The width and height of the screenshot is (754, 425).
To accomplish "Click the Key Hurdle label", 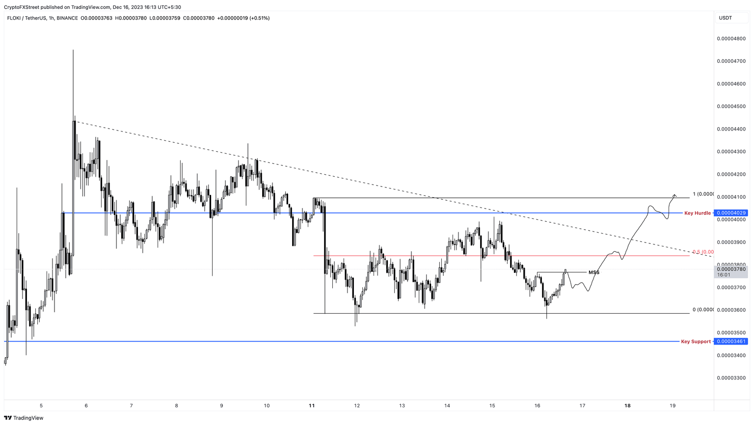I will pyautogui.click(x=697, y=213).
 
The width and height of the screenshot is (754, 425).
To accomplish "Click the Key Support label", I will pyautogui.click(x=696, y=342).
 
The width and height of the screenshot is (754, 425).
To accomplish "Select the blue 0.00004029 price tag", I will pyautogui.click(x=731, y=213).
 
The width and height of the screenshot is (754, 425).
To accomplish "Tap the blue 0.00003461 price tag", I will pyautogui.click(x=731, y=342).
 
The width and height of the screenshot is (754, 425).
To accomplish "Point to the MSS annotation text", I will pyautogui.click(x=594, y=272).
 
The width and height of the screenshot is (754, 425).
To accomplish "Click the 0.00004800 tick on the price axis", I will pyautogui.click(x=731, y=38).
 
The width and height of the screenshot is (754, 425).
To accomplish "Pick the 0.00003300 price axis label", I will pyautogui.click(x=731, y=378).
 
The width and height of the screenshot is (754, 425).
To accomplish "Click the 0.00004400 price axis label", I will pyautogui.click(x=731, y=129).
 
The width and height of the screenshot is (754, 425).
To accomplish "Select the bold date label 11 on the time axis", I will pyautogui.click(x=312, y=406).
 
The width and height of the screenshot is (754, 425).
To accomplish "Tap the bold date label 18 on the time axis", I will pyautogui.click(x=627, y=406).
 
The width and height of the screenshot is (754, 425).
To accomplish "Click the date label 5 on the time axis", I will pyautogui.click(x=41, y=406).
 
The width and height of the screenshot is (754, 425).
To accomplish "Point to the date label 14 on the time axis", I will pyautogui.click(x=447, y=406).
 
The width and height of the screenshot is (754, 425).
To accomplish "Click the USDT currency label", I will pyautogui.click(x=725, y=18).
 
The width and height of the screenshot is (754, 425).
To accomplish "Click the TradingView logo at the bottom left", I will pyautogui.click(x=25, y=418).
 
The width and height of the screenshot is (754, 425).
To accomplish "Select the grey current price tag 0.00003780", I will pyautogui.click(x=731, y=269).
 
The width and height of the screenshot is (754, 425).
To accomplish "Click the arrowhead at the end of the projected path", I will pyautogui.click(x=675, y=195).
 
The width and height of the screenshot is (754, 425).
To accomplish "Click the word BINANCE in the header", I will pyautogui.click(x=67, y=18).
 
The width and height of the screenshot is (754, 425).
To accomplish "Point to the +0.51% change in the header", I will pyautogui.click(x=260, y=18).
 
